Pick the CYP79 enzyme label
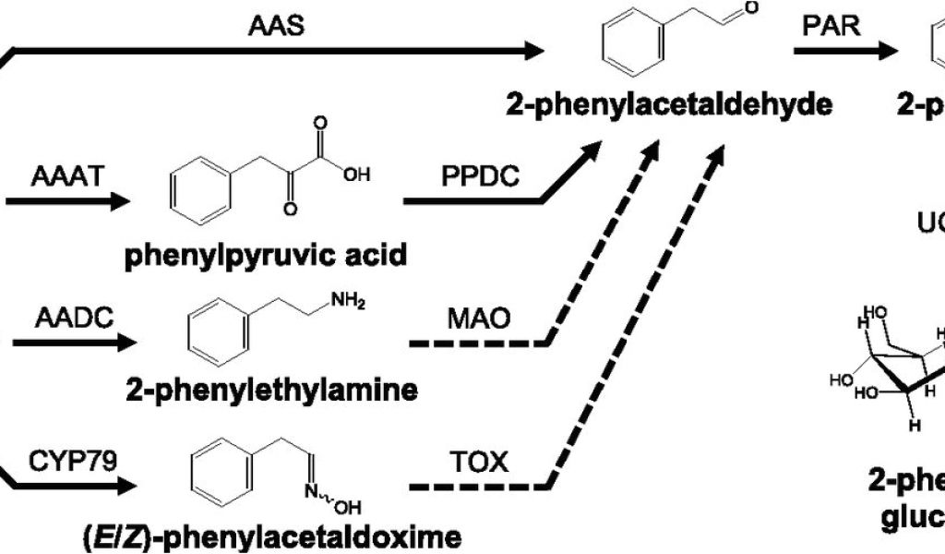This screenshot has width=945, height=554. (76, 459)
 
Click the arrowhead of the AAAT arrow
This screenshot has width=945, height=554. (122, 199)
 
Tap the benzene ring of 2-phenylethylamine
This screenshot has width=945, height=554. (219, 333)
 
